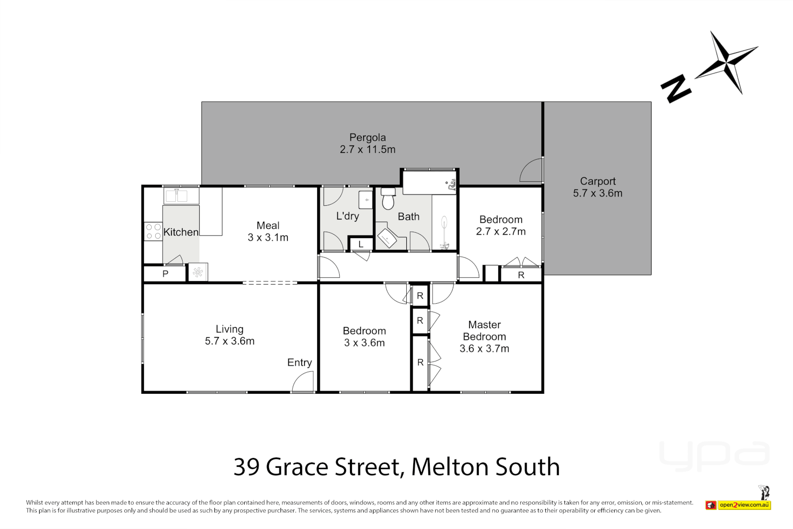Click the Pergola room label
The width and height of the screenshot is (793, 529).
367,138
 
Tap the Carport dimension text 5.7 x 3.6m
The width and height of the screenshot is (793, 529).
598,193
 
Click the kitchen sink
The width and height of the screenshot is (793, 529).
176,196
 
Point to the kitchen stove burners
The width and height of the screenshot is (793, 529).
153,232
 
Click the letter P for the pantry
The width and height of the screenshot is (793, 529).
165,274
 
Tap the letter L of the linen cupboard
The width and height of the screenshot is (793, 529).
361,244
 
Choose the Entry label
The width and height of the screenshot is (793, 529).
300,362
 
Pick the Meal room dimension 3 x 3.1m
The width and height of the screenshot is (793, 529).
268,238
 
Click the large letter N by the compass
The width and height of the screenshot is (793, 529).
676,89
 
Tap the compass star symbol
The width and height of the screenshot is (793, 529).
726,62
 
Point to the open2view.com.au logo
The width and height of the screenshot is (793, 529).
744,505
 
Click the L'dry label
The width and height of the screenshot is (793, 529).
348,216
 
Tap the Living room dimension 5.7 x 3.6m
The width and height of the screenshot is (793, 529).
230,341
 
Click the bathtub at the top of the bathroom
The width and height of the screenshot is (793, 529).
429,182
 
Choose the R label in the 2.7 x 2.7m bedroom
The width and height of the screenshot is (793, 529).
521,275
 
